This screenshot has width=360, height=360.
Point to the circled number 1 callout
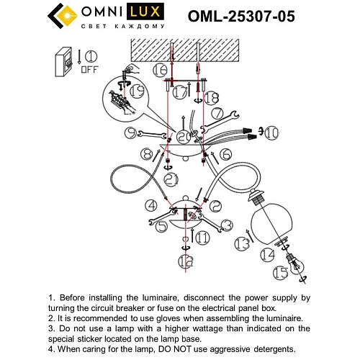91,56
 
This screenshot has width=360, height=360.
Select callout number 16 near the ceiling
160,70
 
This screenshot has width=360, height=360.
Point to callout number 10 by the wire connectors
271,132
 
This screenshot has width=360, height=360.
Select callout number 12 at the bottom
186,261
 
